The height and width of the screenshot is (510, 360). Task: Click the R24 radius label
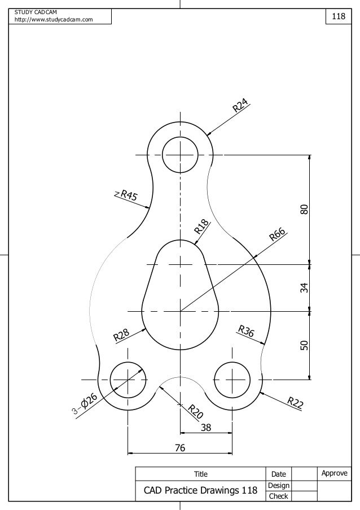click(241, 106)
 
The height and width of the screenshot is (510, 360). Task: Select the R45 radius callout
click(128, 196)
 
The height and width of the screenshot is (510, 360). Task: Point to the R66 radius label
click(278, 234)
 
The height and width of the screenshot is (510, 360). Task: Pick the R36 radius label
click(248, 333)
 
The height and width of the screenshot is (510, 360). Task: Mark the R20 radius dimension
click(196, 412)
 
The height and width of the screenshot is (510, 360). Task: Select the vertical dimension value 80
click(304, 209)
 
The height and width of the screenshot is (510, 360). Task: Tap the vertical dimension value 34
click(304, 287)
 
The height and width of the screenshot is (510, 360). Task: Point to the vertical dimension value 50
click(304, 345)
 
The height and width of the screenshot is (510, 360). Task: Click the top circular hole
click(180, 155)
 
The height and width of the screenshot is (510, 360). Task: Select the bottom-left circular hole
click(128, 379)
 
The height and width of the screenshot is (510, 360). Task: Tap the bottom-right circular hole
click(232, 379)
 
